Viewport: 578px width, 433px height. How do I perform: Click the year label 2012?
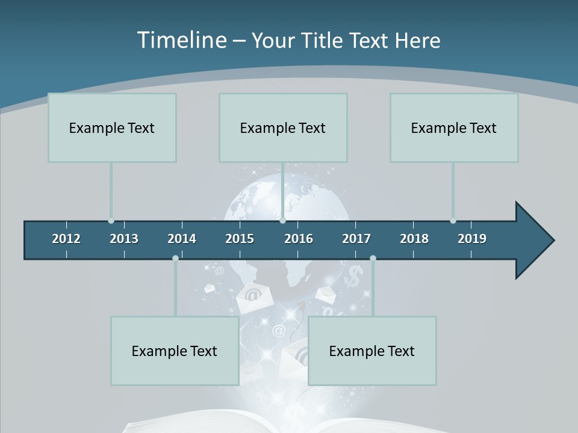coord(66,239)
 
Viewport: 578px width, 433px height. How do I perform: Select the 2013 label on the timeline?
coord(124,239)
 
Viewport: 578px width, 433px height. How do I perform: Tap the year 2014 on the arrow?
coord(182,239)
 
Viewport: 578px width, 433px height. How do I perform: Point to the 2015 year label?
coord(240,239)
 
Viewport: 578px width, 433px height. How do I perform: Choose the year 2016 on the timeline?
coord(299,239)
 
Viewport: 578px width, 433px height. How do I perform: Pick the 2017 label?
coord(356,239)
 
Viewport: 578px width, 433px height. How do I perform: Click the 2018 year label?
coord(414,239)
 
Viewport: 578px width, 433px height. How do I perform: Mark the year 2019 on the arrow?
coord(472,239)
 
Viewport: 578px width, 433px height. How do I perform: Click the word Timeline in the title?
coord(182,40)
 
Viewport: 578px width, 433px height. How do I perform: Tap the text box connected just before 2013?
coord(112,127)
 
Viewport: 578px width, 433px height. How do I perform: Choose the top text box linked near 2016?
coord(283,127)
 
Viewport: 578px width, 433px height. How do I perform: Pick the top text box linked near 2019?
coord(454,127)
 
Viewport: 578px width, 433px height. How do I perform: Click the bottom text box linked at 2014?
coord(175,351)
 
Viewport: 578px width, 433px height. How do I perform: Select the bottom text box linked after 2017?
coord(372,351)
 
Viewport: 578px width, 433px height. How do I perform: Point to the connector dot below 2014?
coord(175,258)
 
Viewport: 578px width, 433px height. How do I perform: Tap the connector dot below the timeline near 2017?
coord(373,258)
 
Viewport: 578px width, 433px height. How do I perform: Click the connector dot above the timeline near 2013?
coord(111,221)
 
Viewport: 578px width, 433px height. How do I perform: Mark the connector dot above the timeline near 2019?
coord(453,221)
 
